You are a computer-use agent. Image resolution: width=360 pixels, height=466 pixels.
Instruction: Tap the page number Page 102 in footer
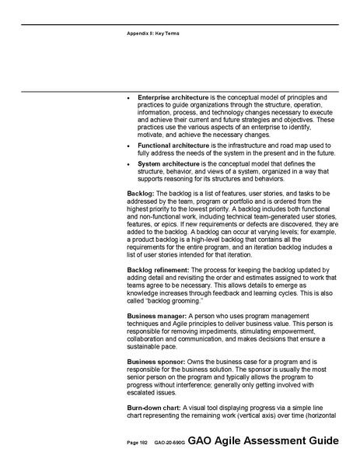click(137, 443)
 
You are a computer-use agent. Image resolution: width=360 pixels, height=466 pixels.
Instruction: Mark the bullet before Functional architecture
click(129, 146)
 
